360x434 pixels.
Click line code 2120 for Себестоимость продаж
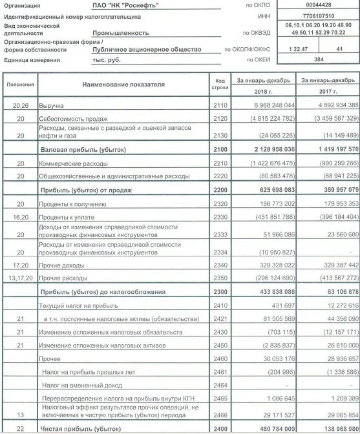(x=220, y=119)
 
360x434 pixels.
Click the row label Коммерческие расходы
(x=72, y=164)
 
